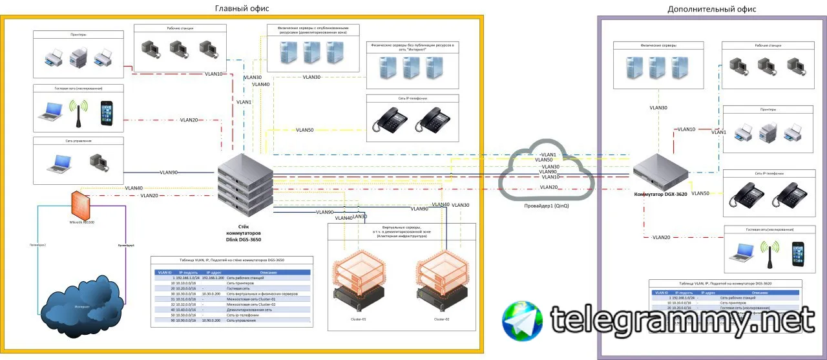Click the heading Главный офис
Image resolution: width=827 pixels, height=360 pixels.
pos(242,8)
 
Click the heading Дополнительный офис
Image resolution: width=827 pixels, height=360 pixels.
pos(711,9)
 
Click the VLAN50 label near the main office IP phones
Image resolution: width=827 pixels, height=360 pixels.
pos(305,130)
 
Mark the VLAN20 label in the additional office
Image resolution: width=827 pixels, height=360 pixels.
pos(661,237)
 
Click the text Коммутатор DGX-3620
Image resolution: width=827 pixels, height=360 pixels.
pos(660,194)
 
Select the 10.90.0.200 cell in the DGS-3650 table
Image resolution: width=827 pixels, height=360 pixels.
pos(211,321)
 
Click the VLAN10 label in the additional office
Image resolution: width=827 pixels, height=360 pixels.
pos(686,129)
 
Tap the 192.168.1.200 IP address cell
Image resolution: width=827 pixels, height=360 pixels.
pos(213,277)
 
